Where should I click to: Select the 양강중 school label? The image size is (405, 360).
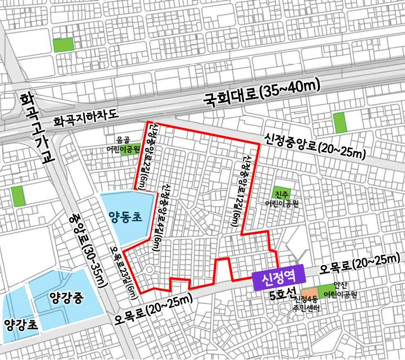tap(66, 298)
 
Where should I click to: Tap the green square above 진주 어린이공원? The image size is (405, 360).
tap(281, 192)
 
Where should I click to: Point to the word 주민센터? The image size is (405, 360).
tap(306, 309)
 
